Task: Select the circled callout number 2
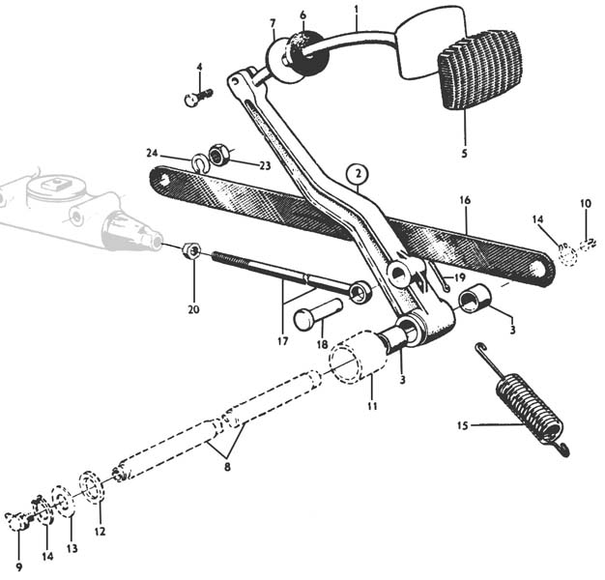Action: click(x=359, y=175)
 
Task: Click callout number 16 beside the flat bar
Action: click(x=465, y=200)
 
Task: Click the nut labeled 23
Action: click(x=219, y=154)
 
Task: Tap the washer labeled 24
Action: click(x=200, y=162)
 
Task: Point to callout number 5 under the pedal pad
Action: click(x=463, y=152)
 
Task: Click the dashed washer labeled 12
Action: click(x=93, y=486)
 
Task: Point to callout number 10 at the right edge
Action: click(x=585, y=203)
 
